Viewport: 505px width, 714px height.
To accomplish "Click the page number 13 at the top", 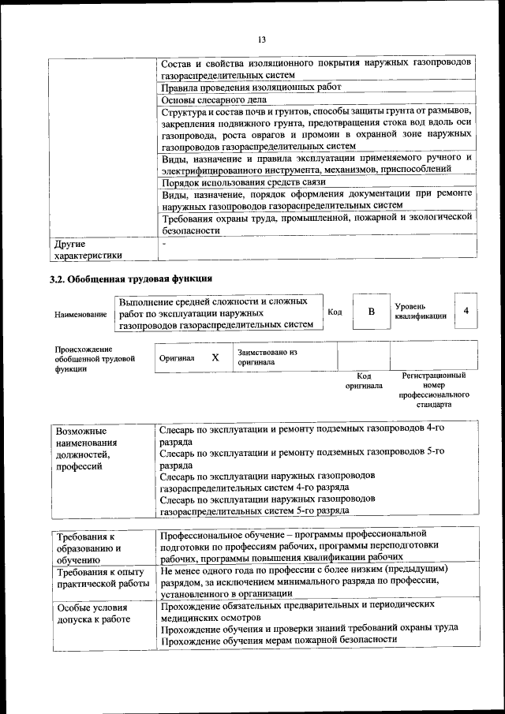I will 262,39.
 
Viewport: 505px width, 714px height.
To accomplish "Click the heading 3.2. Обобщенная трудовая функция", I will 130,278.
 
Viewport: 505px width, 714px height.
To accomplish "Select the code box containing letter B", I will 371,312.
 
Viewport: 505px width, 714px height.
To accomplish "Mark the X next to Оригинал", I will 215,357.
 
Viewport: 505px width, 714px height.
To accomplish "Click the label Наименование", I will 80,315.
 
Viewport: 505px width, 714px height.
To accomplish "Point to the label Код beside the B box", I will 334,312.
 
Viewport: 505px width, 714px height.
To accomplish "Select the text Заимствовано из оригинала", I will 267,357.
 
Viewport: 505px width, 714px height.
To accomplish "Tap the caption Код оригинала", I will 364,381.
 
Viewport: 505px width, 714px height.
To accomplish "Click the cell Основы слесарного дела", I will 214,100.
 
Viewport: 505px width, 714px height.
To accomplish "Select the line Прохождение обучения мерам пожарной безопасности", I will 277,641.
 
